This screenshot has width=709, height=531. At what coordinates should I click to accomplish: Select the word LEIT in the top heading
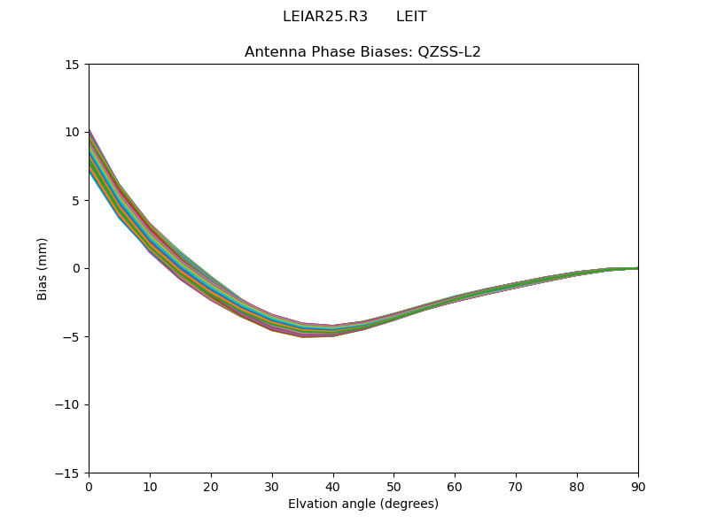(x=411, y=17)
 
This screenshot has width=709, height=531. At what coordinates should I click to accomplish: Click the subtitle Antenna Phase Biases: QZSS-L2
(x=362, y=52)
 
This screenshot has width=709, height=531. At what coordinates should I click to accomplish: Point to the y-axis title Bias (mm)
(x=43, y=268)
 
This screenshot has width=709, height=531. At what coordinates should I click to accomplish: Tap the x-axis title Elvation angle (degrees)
(x=362, y=504)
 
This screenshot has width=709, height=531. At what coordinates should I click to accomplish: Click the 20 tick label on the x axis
(x=211, y=487)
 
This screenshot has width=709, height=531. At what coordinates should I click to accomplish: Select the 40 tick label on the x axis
(x=333, y=487)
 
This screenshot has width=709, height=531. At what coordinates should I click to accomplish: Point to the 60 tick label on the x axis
(x=455, y=487)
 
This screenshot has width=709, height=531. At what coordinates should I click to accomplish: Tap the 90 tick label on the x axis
(x=638, y=487)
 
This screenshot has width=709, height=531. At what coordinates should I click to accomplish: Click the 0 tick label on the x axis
(x=89, y=487)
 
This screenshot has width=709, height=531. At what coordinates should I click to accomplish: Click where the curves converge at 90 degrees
(x=636, y=268)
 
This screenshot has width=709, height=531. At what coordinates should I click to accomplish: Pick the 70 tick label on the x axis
(x=516, y=487)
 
